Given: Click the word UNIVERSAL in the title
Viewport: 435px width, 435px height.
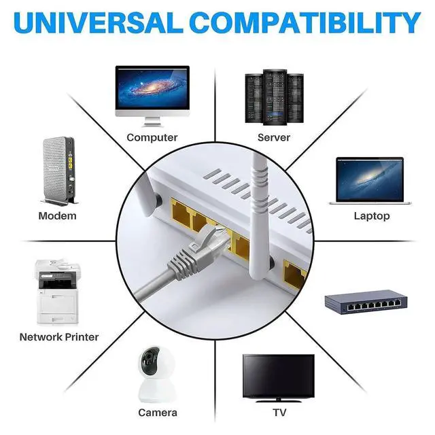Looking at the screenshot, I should tap(97, 23).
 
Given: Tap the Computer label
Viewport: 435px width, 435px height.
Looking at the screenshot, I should tap(152, 137).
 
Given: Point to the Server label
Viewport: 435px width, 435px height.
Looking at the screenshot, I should tap(274, 137).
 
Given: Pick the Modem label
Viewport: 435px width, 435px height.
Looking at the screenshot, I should tap(57, 215).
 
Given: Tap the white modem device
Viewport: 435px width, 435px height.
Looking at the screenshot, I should tap(58, 169).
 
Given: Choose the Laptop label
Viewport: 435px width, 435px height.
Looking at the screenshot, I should tap(372, 215).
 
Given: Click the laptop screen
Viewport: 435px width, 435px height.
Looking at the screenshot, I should tap(370, 179).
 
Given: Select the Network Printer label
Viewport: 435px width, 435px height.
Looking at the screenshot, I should tap(59, 336).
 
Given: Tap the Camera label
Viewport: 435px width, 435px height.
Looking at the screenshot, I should tap(158, 412).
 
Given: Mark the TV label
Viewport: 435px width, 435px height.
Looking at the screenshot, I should tap(279, 412).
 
